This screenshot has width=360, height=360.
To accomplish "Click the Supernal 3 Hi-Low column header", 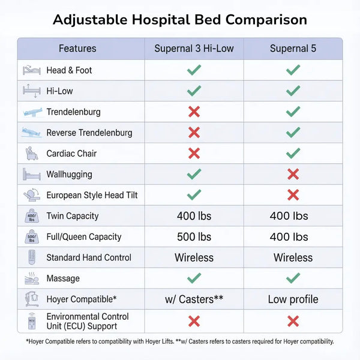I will click(194, 49).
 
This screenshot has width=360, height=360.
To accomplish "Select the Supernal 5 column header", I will click(293, 49).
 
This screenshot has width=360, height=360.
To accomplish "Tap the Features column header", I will click(77, 49).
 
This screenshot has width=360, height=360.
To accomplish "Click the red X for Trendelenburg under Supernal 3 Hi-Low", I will click(194, 112).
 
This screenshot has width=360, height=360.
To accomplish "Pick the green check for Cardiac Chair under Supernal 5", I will click(293, 153).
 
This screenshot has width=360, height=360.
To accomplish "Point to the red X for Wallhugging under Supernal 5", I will click(293, 174).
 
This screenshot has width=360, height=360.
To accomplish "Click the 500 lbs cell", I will click(194, 237).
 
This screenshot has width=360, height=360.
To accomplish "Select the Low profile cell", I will click(293, 299).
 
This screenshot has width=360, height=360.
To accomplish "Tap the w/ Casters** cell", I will click(194, 299).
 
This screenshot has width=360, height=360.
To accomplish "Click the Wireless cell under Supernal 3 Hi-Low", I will click(194, 258).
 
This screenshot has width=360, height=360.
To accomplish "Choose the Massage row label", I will click(63, 278).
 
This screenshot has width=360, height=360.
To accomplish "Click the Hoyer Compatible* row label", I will click(82, 299).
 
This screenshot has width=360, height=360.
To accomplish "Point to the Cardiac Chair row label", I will click(71, 153).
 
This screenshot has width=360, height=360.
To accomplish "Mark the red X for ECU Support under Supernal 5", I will click(293, 321).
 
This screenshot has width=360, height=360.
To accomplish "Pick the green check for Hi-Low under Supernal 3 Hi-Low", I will click(194, 91).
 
